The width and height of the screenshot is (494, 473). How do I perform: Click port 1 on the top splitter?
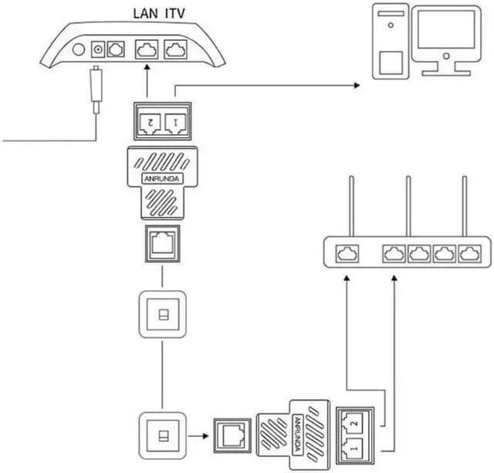coord(175,122)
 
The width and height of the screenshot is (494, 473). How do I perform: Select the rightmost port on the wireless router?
coord(469,252)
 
